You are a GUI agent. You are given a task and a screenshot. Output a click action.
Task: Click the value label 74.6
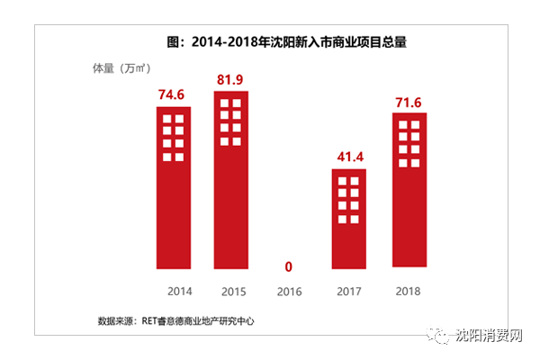coord(173,95)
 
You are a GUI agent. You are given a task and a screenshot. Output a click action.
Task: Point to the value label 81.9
coord(231,80)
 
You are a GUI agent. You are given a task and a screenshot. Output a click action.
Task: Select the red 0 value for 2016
coord(290,267)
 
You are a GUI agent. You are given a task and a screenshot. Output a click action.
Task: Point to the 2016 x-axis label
coord(290,292)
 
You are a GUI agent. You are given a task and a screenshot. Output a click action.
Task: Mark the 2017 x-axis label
coord(348,292)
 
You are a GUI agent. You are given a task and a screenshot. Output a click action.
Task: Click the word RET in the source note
coord(149,319)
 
